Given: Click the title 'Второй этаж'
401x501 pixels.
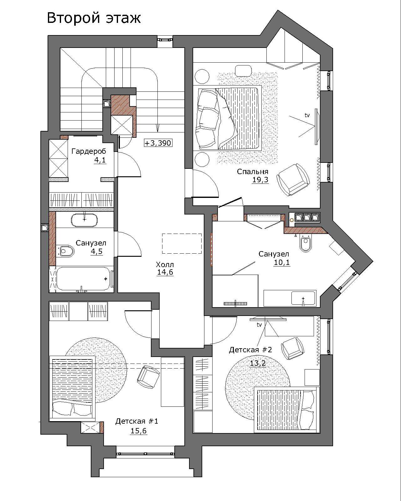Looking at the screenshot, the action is coord(94,18).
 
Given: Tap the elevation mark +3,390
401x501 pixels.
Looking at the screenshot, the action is coord(158,143).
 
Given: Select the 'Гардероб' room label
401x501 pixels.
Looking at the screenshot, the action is coord(89,151).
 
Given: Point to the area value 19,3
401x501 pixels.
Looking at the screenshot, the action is coord(260,180).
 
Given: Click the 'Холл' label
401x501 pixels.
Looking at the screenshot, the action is coord(165,265).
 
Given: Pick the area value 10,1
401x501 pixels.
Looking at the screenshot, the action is coord(282,262).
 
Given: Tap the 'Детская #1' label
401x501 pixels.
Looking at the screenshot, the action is coord(137,421).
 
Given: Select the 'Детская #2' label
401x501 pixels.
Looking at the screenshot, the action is coord(250,350).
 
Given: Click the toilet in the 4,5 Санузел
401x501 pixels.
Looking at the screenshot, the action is coord(66,251).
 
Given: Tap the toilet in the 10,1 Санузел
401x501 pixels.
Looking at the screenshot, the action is coord(306,243).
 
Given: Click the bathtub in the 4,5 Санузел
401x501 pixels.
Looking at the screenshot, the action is coord(83,279).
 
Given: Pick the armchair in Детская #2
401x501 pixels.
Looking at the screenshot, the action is coord(293,348).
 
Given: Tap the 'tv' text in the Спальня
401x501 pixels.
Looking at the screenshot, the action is coord(307,115).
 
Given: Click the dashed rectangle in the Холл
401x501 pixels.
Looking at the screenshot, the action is coord(182,244).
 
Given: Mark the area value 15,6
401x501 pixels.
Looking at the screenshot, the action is coord(138,431).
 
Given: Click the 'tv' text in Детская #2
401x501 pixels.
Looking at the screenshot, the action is coord(259,324).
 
